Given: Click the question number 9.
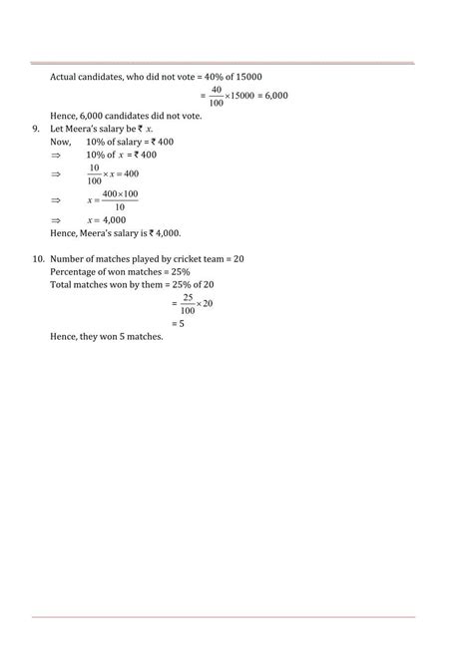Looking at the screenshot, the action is pyautogui.click(x=36, y=129).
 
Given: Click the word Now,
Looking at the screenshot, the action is pyautogui.click(x=61, y=142).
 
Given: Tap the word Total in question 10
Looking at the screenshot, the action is pyautogui.click(x=61, y=284).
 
